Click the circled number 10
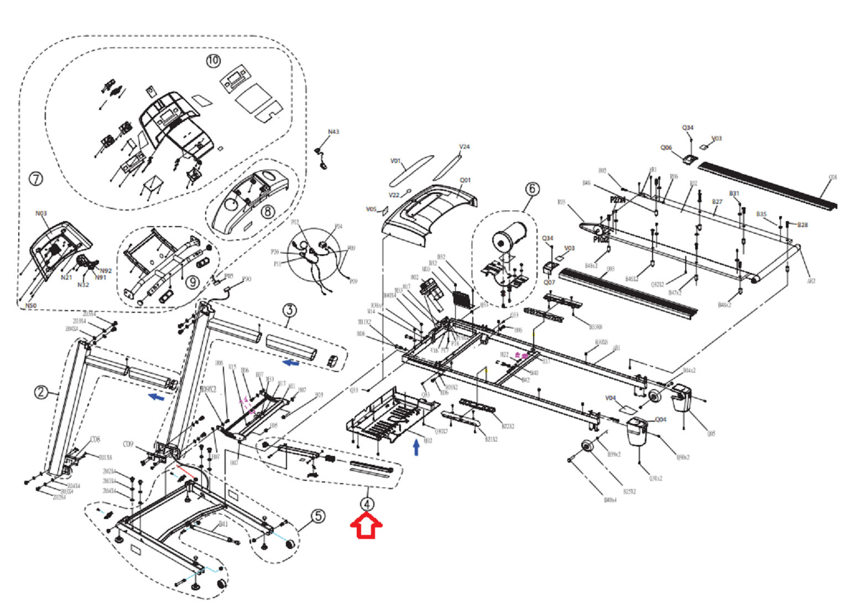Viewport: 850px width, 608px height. pos(213,60)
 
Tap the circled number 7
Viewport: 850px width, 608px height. pos(36,179)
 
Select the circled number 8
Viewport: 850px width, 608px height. pos(268,211)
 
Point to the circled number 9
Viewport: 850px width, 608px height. pos(192,282)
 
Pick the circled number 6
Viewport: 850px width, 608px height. pos(532,189)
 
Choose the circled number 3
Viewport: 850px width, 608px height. pos(290,310)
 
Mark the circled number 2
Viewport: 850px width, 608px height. pos(41,392)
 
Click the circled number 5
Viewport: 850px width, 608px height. pos(318,516)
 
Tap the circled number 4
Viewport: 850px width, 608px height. pos(367,504)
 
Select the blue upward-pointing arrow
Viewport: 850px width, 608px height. pos(416,447)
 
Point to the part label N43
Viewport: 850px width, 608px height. pos(333,132)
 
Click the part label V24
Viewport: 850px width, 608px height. pos(465,146)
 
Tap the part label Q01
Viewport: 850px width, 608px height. pos(465,180)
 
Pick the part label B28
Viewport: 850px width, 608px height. pos(802,224)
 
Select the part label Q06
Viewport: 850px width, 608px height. pos(666,148)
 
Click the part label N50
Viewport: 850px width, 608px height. pos(30,305)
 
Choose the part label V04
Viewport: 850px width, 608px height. pos(611,398)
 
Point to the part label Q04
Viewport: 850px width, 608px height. pos(661,420)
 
